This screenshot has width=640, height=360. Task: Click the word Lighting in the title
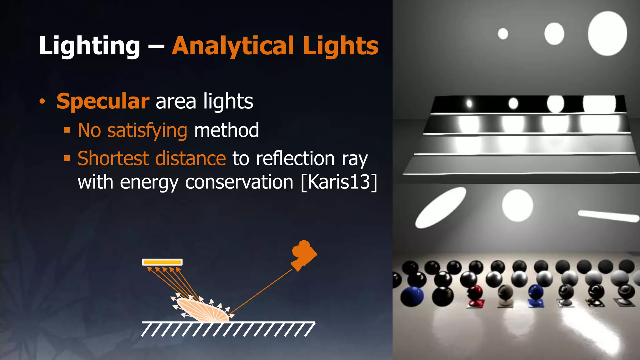[x=89, y=46]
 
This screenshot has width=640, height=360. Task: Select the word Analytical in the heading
[x=233, y=46]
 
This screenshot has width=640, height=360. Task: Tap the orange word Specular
[x=103, y=101]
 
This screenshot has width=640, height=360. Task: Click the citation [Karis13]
[x=339, y=182]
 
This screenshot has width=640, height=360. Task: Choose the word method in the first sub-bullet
[x=227, y=130]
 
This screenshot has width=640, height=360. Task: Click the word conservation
[x=239, y=182]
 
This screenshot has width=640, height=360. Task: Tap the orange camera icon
[x=303, y=254]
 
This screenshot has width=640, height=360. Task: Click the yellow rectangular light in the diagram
[x=162, y=262]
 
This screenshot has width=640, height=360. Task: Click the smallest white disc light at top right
[x=503, y=34]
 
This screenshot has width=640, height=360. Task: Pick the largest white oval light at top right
[x=607, y=33]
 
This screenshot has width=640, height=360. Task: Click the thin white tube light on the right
[x=608, y=216]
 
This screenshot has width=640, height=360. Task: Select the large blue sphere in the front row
[x=412, y=296]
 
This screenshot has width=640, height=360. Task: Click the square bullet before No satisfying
[x=67, y=130]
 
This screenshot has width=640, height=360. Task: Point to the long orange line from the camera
[x=261, y=291]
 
